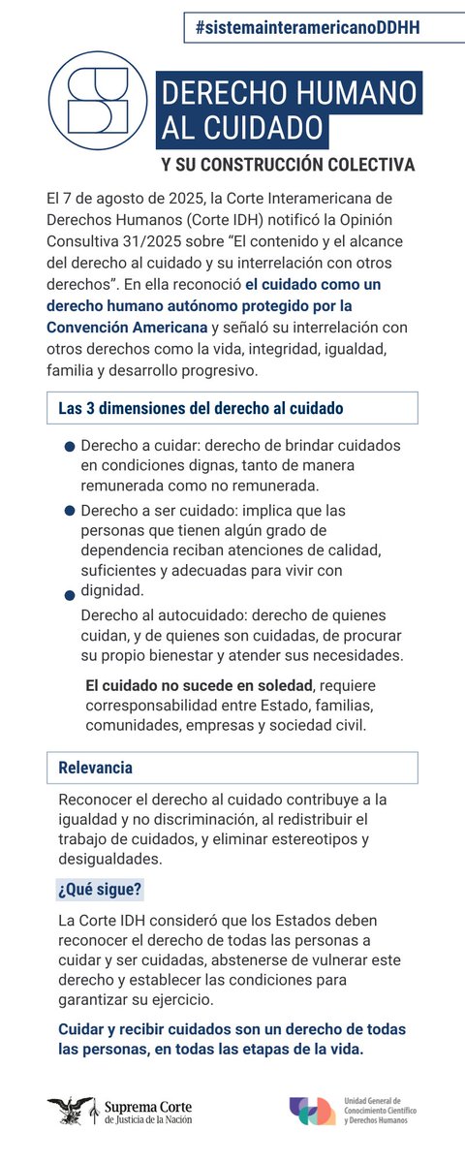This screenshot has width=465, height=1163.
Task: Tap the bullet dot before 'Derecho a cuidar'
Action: point(69,448)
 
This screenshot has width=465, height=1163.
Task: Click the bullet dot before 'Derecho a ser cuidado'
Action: point(69,511)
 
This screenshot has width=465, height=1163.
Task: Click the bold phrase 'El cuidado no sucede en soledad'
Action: point(201,685)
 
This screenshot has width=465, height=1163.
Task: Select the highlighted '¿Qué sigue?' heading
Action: point(101,889)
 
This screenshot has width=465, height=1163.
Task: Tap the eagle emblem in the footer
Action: point(71,1110)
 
